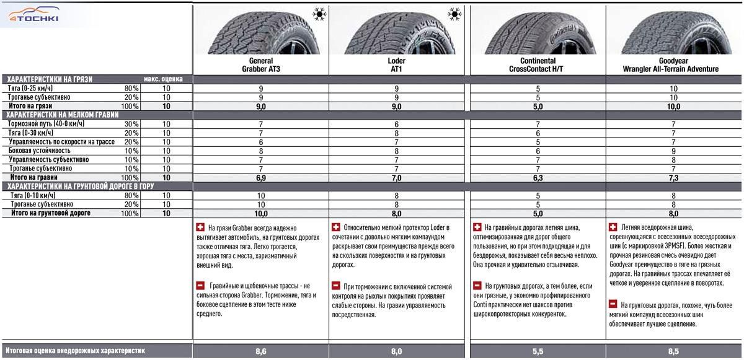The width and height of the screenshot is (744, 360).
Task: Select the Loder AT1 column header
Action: pos(396,65)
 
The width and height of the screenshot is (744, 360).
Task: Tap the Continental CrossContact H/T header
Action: pos(536,65)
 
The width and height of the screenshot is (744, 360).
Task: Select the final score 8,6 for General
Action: pos(261,351)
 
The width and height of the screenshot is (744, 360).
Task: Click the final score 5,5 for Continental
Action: pos(537,351)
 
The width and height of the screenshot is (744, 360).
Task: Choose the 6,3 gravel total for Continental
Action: pos(537,177)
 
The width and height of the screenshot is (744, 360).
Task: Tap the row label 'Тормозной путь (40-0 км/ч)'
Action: pos(46,124)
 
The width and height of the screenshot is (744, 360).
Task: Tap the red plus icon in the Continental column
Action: pos(477,227)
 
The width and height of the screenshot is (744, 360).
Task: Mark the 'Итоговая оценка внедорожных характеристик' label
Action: pos(74,351)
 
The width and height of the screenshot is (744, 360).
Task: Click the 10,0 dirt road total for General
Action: pos(261,213)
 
